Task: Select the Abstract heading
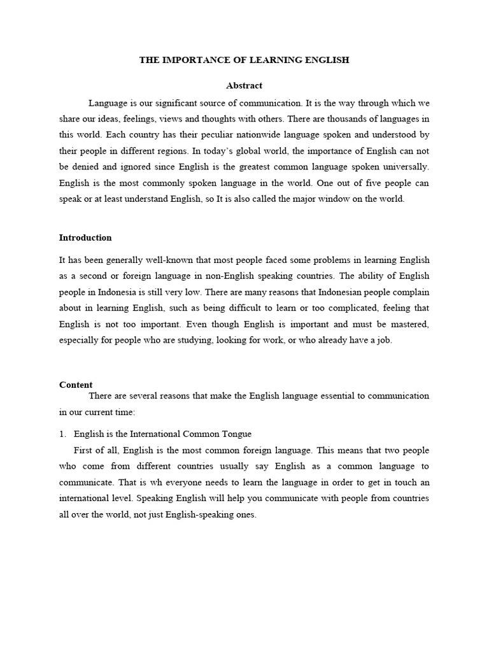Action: tap(244, 85)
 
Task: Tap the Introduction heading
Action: tap(85, 237)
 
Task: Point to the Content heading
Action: tap(76, 385)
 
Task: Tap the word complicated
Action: tap(332, 308)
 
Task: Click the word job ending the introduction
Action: tap(385, 340)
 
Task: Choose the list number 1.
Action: tap(62, 434)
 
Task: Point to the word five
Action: tap(368, 183)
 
